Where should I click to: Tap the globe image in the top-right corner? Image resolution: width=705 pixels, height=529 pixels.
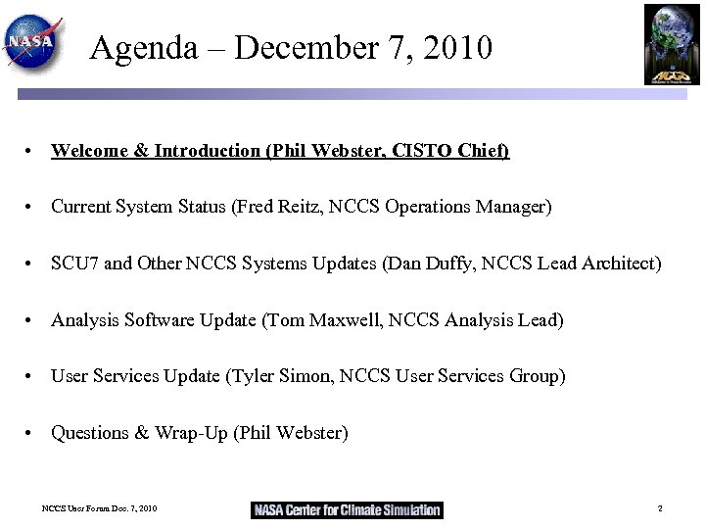click(x=672, y=44)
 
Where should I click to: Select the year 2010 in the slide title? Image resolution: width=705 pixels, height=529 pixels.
click(x=456, y=47)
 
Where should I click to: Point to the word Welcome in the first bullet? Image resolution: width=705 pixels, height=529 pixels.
click(x=89, y=151)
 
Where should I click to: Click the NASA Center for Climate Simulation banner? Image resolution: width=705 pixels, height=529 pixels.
click(x=347, y=509)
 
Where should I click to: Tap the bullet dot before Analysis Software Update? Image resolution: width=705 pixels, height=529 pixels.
click(x=32, y=321)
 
